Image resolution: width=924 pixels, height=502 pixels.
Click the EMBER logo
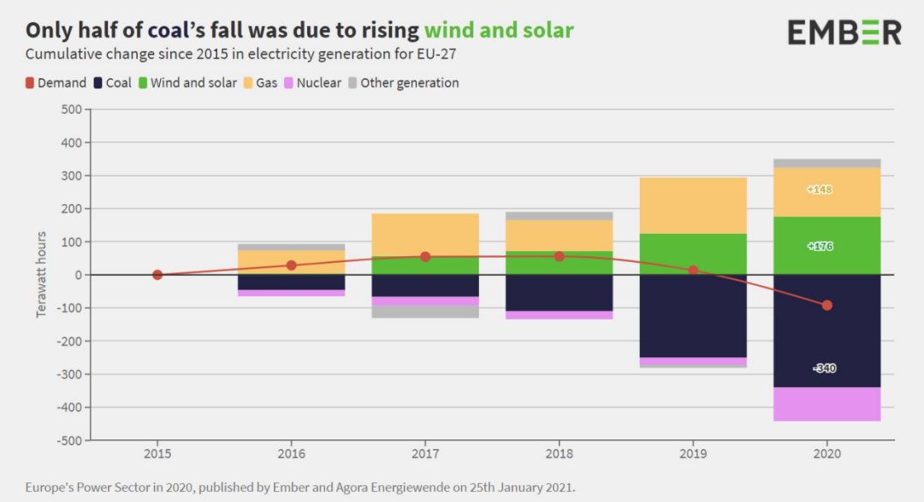tap(844, 33)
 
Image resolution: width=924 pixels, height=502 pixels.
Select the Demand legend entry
tap(56, 83)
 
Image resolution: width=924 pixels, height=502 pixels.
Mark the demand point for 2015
tap(157, 275)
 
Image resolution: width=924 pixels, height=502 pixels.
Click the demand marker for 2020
tap(826, 305)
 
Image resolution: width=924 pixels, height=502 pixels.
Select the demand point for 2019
tap(693, 270)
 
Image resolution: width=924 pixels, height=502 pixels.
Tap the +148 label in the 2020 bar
tap(820, 189)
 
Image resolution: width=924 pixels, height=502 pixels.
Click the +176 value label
tap(820, 247)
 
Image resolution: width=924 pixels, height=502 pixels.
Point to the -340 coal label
tap(825, 368)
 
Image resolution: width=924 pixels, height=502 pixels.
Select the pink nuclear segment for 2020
tap(826, 403)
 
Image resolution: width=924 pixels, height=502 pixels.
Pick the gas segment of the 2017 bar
tap(425, 234)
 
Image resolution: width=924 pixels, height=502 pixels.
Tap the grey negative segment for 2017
tap(425, 312)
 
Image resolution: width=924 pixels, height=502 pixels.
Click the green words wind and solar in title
tap(499, 31)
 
